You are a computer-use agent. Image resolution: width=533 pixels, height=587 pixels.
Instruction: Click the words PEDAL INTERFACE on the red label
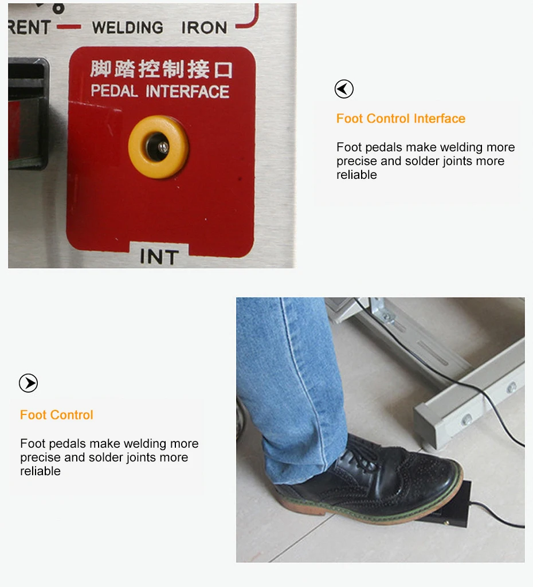[160, 92]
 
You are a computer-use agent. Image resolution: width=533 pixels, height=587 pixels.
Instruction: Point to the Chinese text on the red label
[161, 70]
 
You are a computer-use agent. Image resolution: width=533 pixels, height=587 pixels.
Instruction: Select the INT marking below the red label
[159, 257]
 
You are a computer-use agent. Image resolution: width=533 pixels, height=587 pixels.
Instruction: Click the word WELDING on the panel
[127, 28]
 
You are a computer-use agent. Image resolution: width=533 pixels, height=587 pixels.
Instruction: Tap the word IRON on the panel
[204, 28]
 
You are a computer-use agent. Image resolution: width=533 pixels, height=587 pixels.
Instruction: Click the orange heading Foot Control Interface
[401, 119]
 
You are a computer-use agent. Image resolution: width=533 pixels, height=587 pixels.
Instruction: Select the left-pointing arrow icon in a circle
[344, 89]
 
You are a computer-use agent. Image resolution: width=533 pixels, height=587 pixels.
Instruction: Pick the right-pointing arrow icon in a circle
[28, 383]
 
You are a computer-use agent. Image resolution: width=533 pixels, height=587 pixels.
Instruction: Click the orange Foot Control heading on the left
[56, 415]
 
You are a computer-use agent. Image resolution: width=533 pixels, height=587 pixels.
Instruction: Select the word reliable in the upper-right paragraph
[356, 175]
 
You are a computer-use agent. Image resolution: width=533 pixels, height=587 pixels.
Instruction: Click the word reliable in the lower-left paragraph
[40, 471]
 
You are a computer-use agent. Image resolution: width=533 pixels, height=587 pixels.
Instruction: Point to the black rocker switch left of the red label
[26, 115]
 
